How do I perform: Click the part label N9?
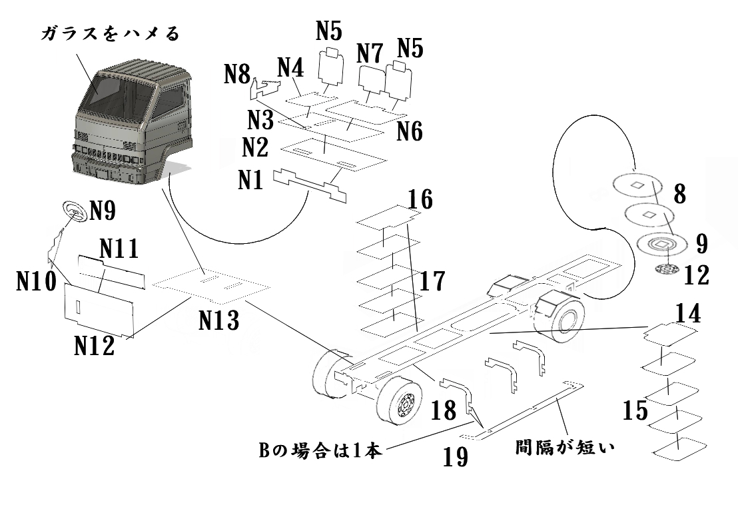pyautogui.click(x=103, y=211)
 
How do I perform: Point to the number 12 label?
pyautogui.click(x=696, y=275)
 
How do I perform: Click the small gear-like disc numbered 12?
pyautogui.click(x=665, y=271)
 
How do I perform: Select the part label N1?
pyautogui.click(x=252, y=180)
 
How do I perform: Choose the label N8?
pyautogui.click(x=236, y=74)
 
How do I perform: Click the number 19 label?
pyautogui.click(x=455, y=456)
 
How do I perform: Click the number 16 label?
pyautogui.click(x=420, y=199)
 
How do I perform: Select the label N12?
pyautogui.click(x=94, y=346)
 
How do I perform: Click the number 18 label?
pyautogui.click(x=443, y=410)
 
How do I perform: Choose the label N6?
pyautogui.click(x=410, y=131)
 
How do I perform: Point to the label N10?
pyautogui.click(x=37, y=283)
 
